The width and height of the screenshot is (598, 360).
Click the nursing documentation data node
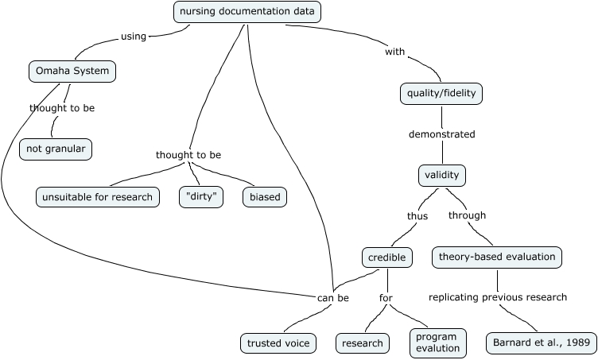tap(247, 12)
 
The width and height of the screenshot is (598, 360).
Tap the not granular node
tap(56, 149)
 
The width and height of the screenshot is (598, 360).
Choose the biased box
tap(265, 196)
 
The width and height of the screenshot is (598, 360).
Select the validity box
tap(441, 175)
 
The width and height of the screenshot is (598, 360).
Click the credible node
tap(387, 257)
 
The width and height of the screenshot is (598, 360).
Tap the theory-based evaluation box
tap(497, 257)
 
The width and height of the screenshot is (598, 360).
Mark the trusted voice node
tap(278, 343)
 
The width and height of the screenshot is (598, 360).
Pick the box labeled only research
tap(363, 343)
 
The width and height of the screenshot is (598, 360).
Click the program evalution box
tap(437, 342)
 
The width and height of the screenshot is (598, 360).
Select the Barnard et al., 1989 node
tap(541, 343)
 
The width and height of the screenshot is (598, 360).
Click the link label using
tap(133, 36)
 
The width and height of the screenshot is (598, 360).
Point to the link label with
tap(395, 52)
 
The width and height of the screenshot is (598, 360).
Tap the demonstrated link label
tap(441, 134)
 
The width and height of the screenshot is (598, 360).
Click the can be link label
tap(332, 298)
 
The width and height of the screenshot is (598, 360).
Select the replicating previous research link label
tap(498, 297)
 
